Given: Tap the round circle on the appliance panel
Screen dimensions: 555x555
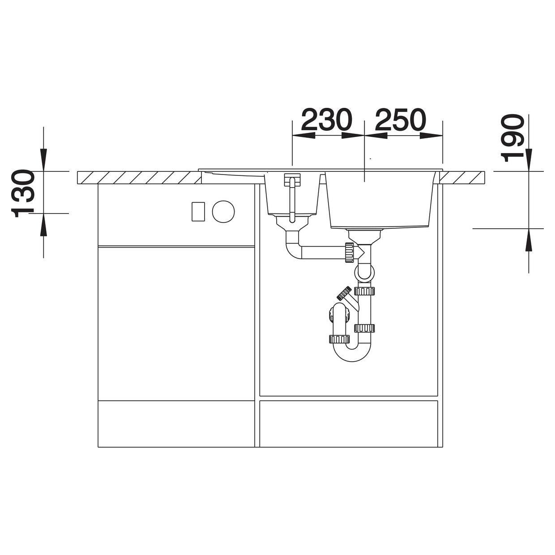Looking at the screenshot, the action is tap(223, 211).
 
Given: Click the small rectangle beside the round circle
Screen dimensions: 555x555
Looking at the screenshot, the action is tap(198, 211).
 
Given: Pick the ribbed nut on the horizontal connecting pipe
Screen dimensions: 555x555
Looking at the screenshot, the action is tap(349, 252).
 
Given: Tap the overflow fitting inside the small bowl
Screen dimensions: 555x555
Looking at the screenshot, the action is tap(292, 197).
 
